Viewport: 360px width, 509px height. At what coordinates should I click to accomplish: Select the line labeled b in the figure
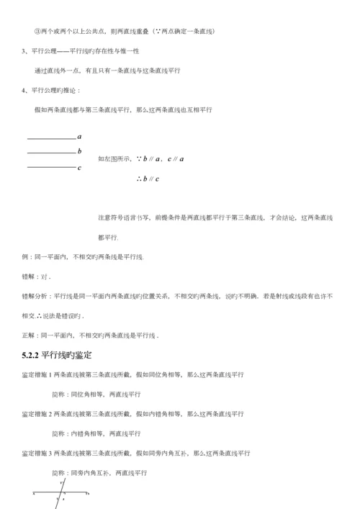click(50, 152)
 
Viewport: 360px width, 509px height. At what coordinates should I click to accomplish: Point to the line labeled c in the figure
click(50, 167)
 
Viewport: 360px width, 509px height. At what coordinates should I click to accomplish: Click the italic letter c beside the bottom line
click(78, 168)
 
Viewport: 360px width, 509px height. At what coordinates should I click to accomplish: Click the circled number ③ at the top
click(37, 31)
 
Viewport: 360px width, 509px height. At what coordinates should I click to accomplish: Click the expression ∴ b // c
click(147, 179)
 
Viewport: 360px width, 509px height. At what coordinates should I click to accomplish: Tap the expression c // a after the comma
click(175, 158)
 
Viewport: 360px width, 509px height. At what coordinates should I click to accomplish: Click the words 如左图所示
click(114, 158)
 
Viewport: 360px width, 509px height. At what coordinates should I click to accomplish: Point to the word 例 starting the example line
click(25, 257)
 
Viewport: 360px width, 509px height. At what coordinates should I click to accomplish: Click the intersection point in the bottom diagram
click(63, 494)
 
